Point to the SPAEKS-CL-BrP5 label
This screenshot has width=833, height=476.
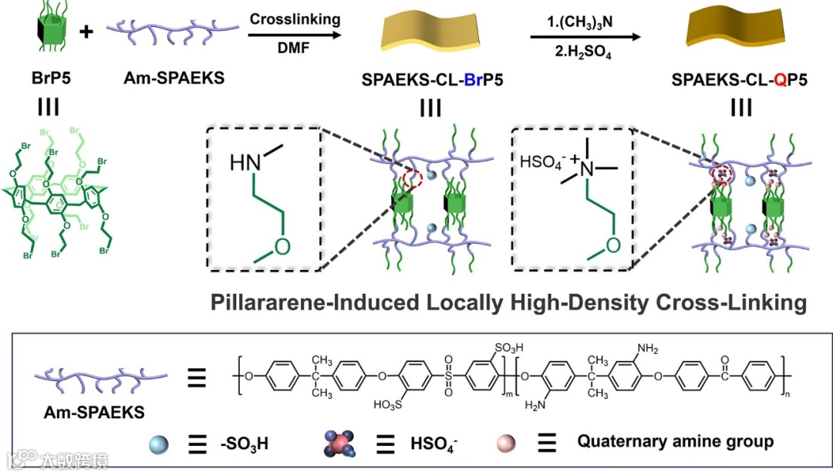tap(431, 78)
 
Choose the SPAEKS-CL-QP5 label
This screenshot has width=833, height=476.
tap(740, 78)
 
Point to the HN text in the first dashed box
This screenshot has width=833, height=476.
tap(245, 163)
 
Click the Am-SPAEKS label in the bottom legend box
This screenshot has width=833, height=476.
tap(94, 413)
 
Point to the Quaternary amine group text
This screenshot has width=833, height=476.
tap(675, 442)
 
